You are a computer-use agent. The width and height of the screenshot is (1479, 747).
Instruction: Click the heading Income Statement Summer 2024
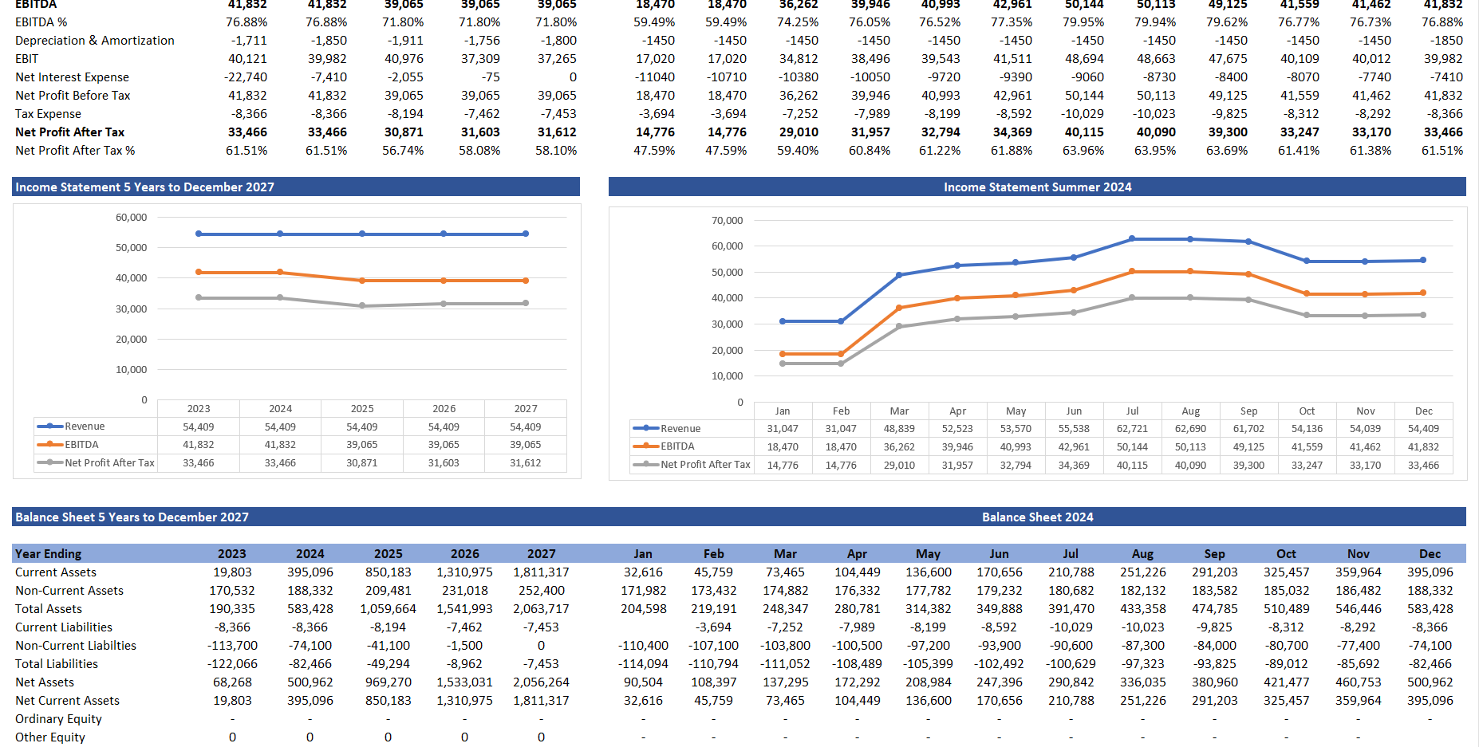tap(1037, 187)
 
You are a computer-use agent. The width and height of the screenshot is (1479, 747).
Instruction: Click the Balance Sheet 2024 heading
tap(1037, 517)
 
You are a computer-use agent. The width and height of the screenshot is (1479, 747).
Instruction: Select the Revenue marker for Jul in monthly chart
tap(1132, 239)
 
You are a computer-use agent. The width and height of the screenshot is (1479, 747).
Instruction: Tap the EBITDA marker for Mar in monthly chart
tap(899, 308)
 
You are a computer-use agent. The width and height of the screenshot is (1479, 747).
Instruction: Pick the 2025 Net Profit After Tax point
tap(362, 305)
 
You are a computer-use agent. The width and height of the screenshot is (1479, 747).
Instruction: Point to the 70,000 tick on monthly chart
tap(727, 221)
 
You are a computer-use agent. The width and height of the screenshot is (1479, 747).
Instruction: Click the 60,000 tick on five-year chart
tap(132, 218)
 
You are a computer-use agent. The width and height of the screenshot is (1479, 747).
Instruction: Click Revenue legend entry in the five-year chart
tap(85, 427)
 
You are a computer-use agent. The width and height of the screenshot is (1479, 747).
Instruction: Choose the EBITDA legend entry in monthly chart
tap(677, 446)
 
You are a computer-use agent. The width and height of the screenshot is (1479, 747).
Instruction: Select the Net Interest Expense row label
tap(72, 77)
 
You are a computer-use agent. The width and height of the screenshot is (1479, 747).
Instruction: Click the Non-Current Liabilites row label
tap(76, 646)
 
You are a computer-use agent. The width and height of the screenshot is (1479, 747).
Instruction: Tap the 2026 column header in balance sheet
tap(464, 554)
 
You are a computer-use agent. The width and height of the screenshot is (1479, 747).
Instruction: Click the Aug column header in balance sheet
tap(1142, 554)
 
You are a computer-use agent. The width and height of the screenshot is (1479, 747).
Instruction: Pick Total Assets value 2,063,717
tap(541, 609)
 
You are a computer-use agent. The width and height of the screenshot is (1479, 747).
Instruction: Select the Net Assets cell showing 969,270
tap(388, 682)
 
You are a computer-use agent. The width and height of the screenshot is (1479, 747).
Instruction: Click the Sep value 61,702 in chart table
tap(1248, 429)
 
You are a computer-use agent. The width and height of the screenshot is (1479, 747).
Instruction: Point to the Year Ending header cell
tap(48, 554)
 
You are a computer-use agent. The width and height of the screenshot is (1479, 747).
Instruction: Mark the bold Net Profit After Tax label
tap(70, 132)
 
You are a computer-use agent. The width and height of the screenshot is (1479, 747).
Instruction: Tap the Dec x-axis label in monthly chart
tap(1424, 411)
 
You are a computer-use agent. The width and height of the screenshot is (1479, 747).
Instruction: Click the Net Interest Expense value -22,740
tap(246, 77)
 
